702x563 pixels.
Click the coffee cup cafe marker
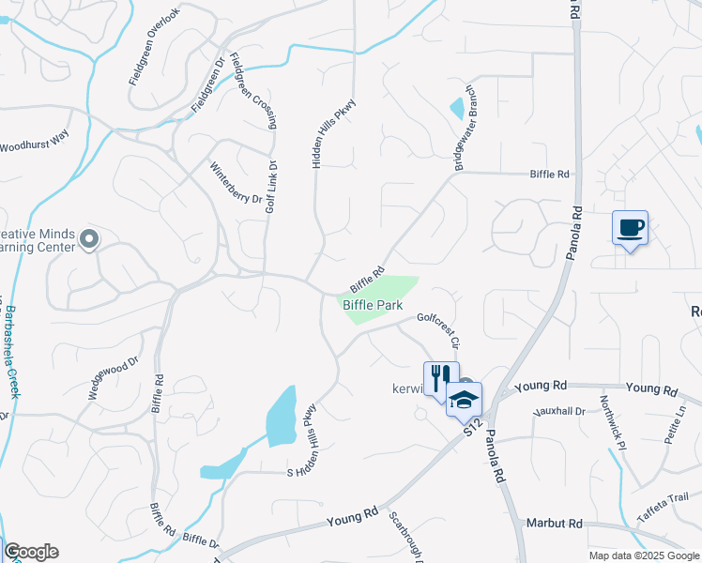point(630,228)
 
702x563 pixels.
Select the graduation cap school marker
point(464,399)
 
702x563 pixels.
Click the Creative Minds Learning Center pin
point(89,240)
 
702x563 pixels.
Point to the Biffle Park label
point(372,305)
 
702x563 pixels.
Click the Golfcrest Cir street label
point(436,329)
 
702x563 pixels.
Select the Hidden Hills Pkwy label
point(336,132)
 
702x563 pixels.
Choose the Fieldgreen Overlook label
point(153,49)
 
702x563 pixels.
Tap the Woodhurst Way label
point(35,142)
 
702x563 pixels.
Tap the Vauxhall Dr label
point(558,411)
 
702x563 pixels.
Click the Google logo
point(31,552)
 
